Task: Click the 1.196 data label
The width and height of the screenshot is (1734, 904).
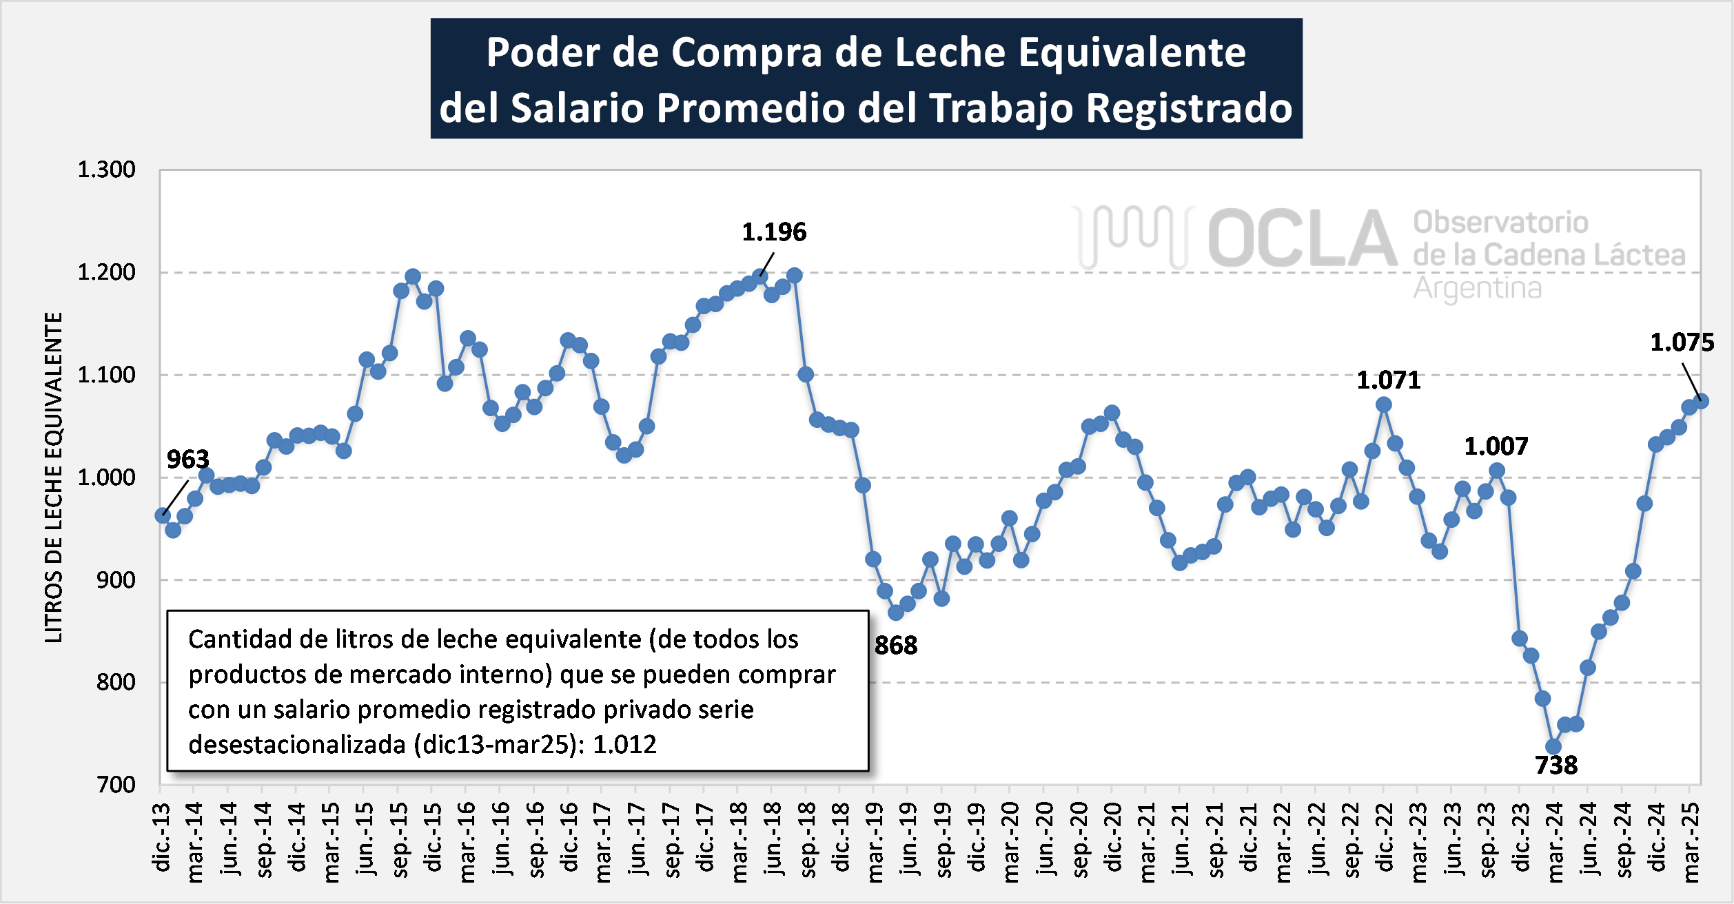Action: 773,232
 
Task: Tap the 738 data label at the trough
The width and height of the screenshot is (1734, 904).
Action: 1556,766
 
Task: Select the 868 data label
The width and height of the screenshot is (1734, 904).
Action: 895,646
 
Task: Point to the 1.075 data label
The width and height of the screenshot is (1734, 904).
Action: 1682,342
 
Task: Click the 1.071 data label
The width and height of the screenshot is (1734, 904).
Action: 1388,380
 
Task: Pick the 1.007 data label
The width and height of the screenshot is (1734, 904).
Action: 1496,446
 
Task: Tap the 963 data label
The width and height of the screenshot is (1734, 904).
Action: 187,460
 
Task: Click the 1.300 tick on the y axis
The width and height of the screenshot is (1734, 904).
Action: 106,170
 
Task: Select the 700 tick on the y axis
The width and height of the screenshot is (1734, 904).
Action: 116,785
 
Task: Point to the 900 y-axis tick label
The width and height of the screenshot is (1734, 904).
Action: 116,580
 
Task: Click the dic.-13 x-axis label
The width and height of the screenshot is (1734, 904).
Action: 161,837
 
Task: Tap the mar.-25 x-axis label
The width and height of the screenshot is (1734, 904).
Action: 1691,843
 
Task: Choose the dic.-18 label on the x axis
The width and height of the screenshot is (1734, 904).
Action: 840,837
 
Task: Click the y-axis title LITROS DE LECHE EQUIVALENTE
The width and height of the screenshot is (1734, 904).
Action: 54,477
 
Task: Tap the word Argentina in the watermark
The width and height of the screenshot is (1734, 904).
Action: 1477,288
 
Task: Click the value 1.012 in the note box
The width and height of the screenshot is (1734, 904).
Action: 624,745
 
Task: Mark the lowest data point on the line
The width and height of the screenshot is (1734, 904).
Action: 1553,747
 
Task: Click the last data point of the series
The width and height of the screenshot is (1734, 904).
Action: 1701,400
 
